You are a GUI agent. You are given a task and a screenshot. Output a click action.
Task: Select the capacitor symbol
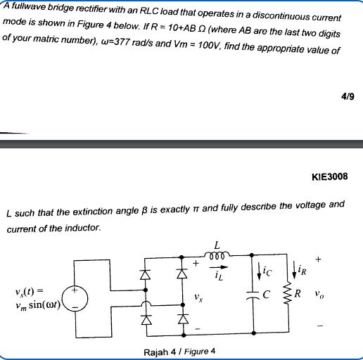point(254,295)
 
